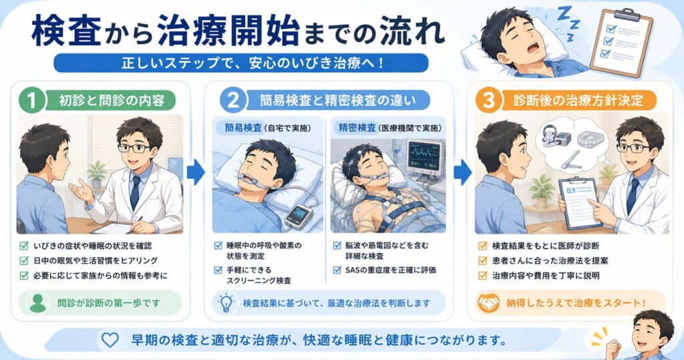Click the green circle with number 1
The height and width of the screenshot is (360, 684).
[32, 100]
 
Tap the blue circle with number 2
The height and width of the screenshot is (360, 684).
[233, 100]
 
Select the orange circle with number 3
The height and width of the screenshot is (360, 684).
[489, 100]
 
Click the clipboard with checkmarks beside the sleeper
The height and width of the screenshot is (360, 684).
[622, 42]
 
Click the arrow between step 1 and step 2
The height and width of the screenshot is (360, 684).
[196, 172]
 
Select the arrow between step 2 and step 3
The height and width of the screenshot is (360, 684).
[462, 172]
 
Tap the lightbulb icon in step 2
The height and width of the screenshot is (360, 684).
[226, 303]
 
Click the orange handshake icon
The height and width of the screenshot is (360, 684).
[488, 303]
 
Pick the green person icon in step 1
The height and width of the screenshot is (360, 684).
[38, 303]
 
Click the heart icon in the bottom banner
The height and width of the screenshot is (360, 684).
[110, 340]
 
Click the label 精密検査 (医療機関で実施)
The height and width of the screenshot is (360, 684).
[389, 128]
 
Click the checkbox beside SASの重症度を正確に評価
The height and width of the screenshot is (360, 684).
[337, 270]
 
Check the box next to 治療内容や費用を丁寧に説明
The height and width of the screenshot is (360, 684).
[482, 275]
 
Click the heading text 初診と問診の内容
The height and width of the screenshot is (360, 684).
[112, 101]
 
